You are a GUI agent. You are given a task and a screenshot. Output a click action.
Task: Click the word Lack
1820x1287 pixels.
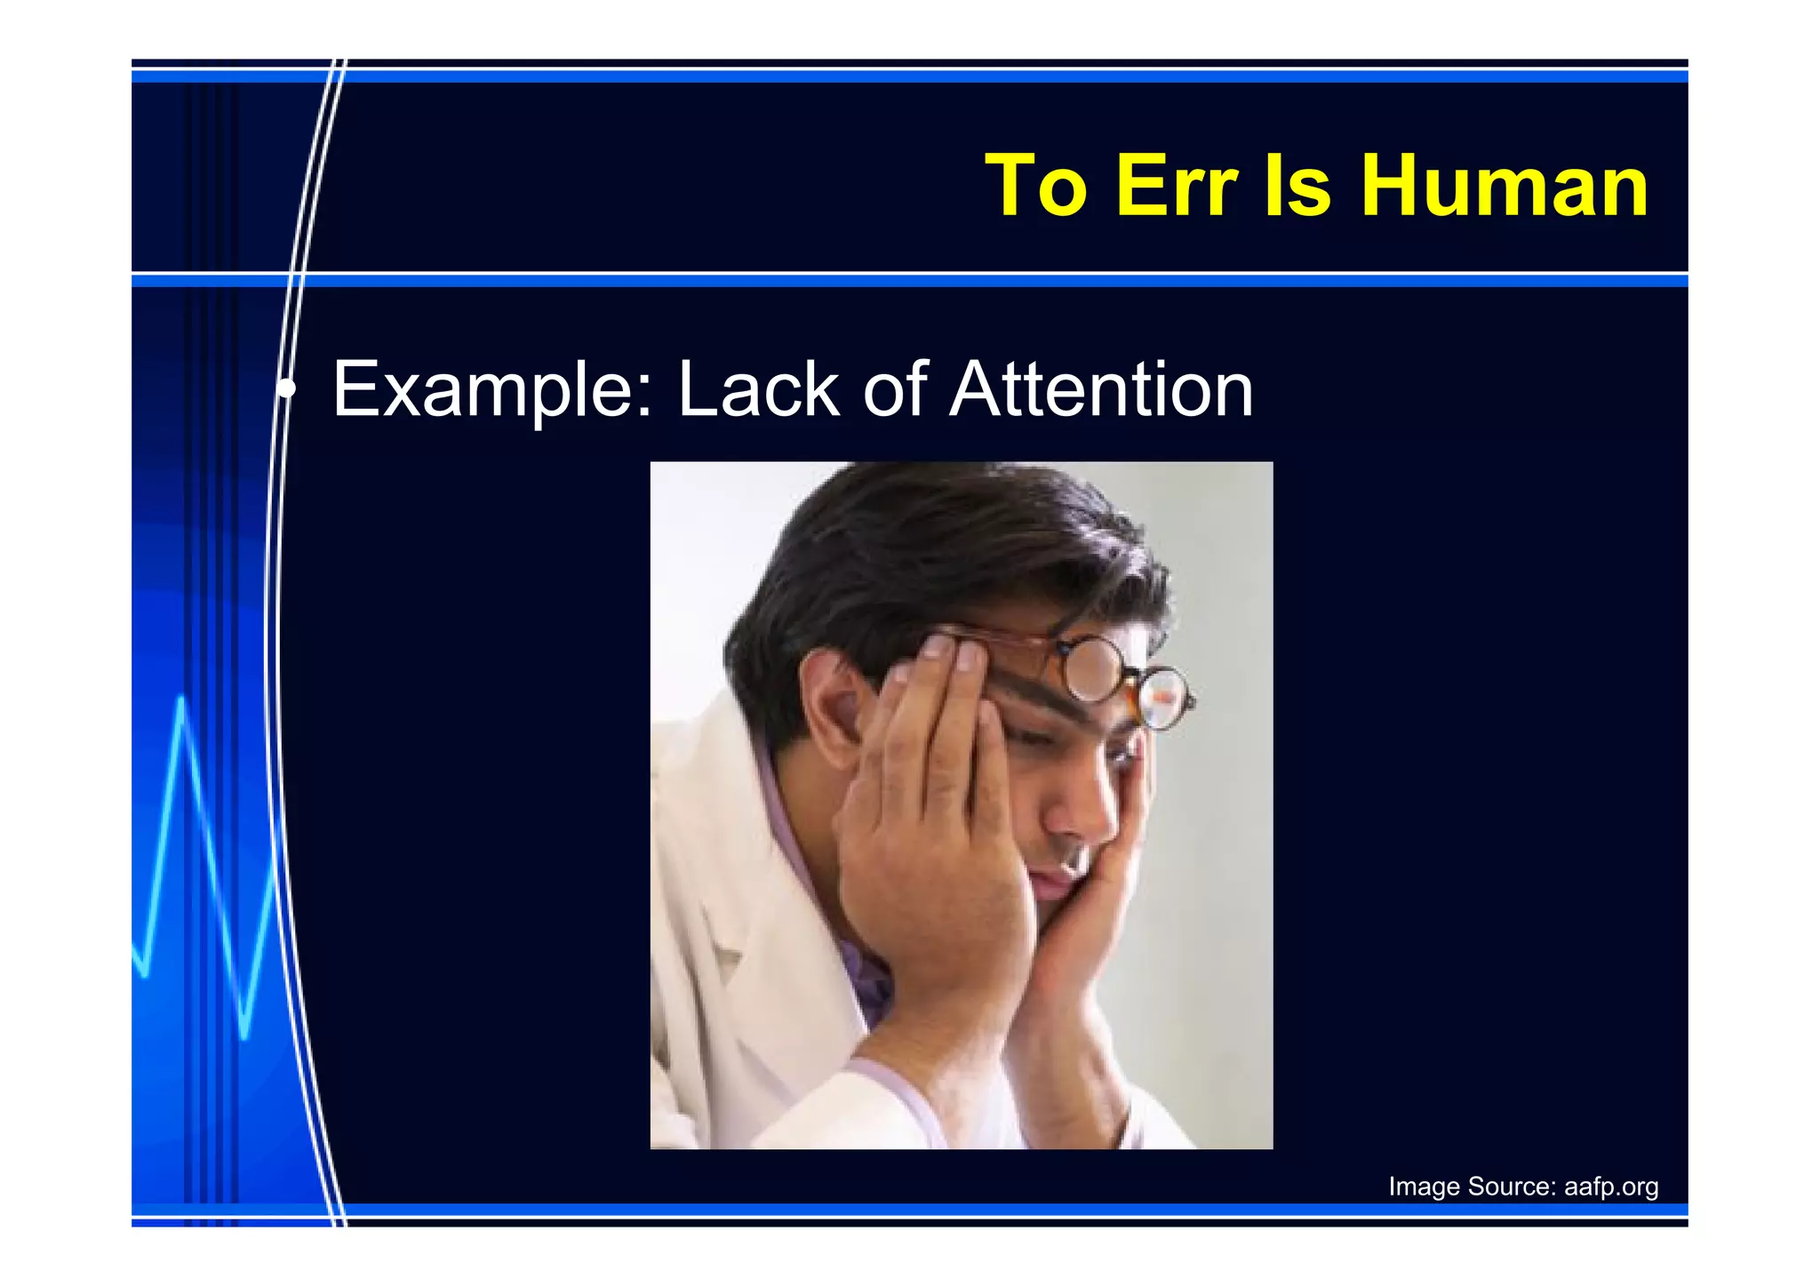pyautogui.click(x=758, y=390)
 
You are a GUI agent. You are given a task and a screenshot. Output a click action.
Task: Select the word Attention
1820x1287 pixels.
pyautogui.click(x=1101, y=390)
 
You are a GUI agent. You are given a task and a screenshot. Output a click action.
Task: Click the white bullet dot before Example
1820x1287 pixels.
pyautogui.click(x=286, y=388)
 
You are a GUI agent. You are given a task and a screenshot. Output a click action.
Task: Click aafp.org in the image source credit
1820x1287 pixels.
pyautogui.click(x=1610, y=1187)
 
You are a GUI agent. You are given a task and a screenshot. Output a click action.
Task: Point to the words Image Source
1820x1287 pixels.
pyautogui.click(x=1471, y=1187)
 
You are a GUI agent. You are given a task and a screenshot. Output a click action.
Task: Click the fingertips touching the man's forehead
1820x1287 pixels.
pyautogui.click(x=951, y=653)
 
